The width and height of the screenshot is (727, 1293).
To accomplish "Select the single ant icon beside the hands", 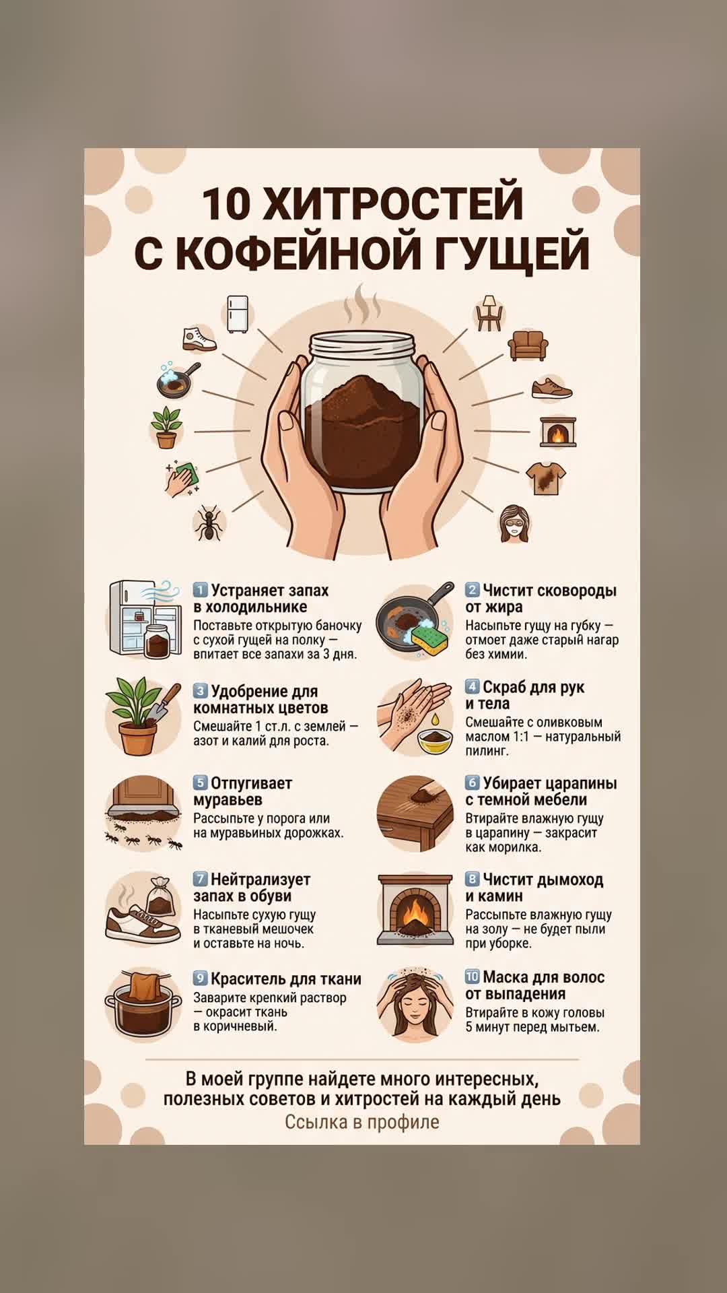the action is point(209,523).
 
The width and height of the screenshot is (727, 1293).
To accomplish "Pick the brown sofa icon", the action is point(528,345).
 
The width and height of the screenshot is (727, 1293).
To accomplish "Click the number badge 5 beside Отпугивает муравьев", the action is point(200,783).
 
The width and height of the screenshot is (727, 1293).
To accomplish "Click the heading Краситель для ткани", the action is point(286,979).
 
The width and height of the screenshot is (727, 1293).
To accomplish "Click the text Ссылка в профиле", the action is point(362,1122).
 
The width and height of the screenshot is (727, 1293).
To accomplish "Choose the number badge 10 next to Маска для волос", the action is point(472,976).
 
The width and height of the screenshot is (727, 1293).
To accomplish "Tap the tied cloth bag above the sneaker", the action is point(160,896).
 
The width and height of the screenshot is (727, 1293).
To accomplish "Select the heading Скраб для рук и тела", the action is point(525,695).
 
